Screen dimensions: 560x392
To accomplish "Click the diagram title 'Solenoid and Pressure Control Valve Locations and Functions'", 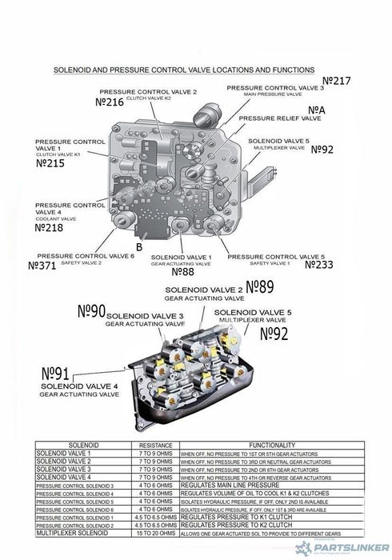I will (x=183, y=70).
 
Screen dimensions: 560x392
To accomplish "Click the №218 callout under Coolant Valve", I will (x=50, y=227).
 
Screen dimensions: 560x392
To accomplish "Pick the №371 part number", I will (x=42, y=265).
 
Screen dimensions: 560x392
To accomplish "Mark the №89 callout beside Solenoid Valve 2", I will (x=259, y=286).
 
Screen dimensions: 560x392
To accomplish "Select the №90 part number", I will (x=90, y=311).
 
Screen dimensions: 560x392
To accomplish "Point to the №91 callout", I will (x=56, y=374).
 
